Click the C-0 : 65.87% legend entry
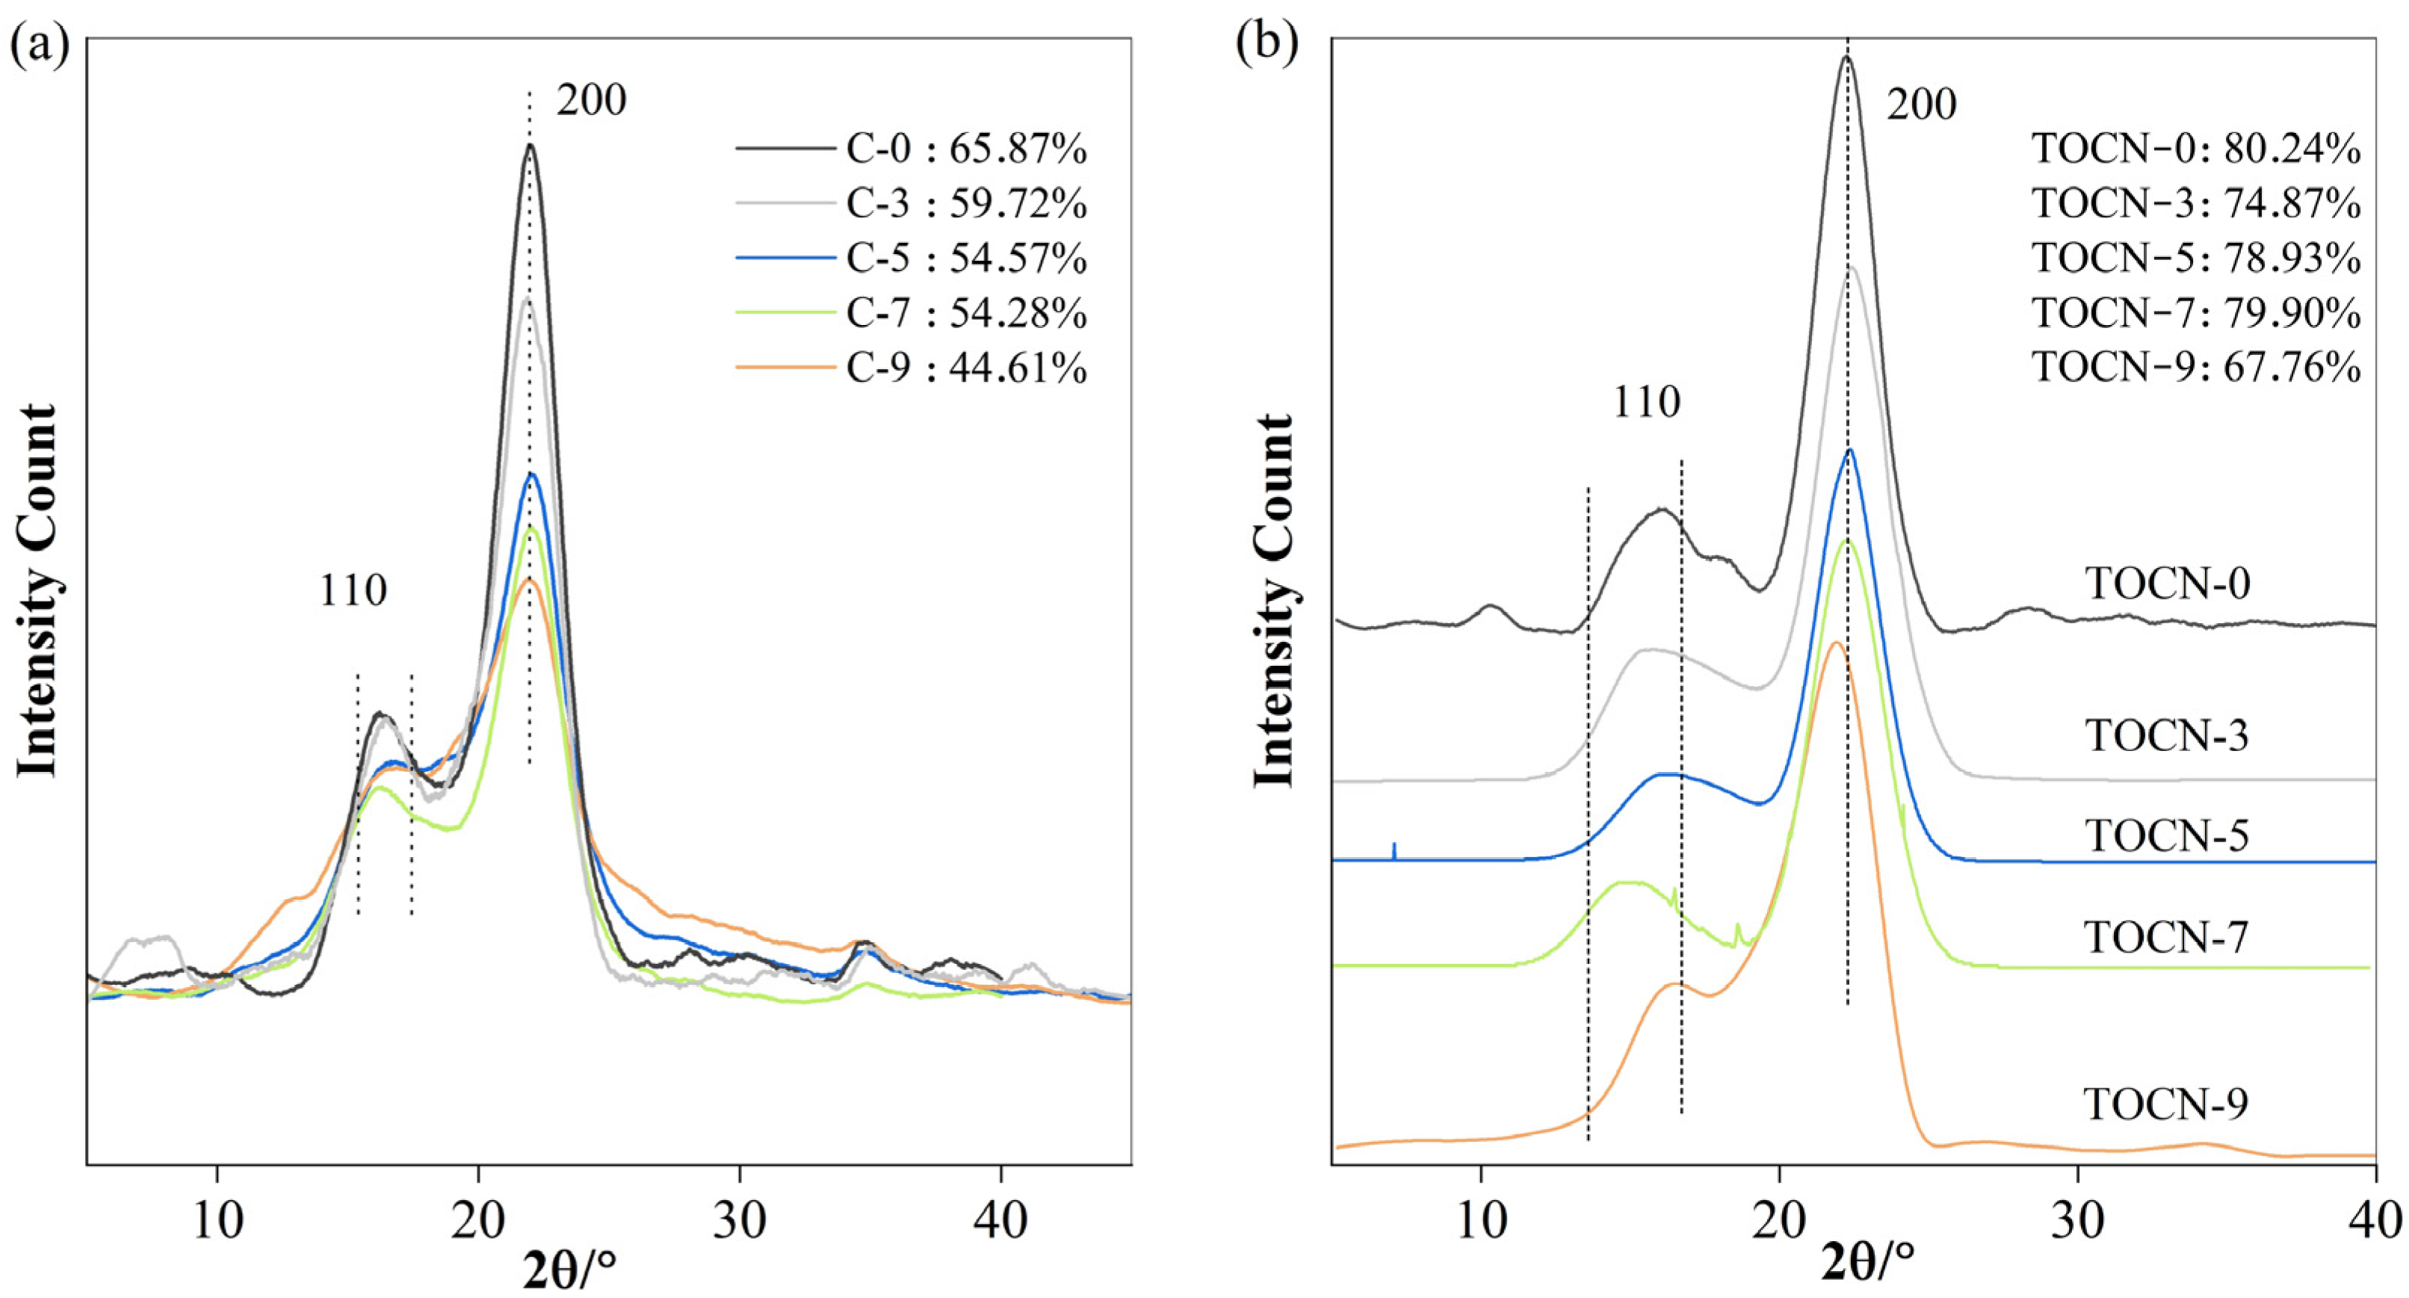[x=965, y=149]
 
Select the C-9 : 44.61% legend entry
[x=965, y=368]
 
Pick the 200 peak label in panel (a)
[x=591, y=99]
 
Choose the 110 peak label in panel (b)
[x=1647, y=402]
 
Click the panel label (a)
[x=40, y=45]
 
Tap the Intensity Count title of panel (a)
[x=37, y=591]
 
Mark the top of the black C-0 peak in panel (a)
[x=531, y=145]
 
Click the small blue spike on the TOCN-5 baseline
[x=1394, y=849]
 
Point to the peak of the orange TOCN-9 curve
[x=1835, y=643]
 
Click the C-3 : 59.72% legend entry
[x=965, y=203]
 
